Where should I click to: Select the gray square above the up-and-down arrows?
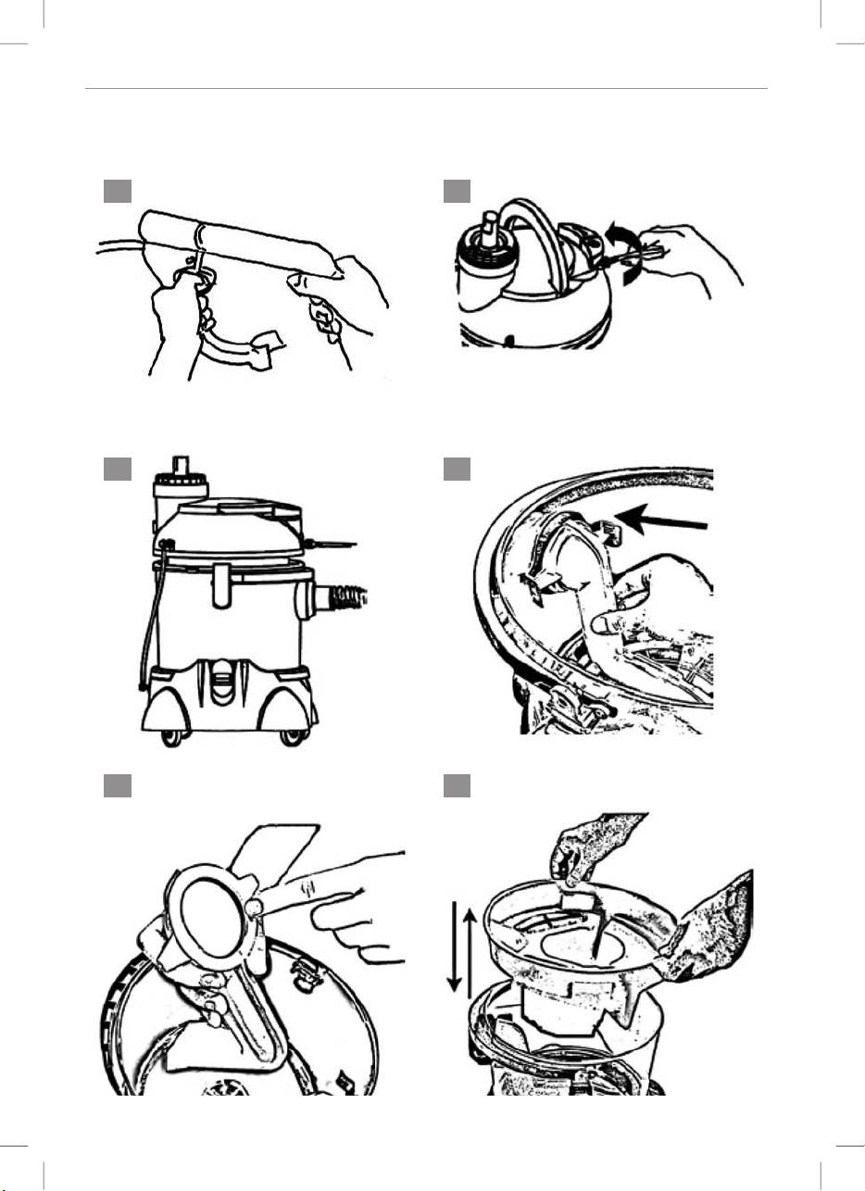click(x=457, y=786)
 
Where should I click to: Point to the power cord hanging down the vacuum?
click(x=143, y=630)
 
